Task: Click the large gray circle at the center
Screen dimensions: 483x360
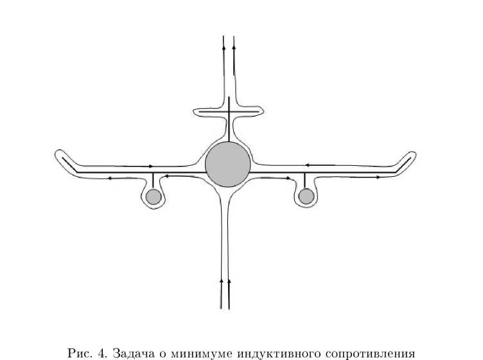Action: [228, 165]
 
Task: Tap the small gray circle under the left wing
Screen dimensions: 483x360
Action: [153, 197]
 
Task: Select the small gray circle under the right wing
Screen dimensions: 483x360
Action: [306, 196]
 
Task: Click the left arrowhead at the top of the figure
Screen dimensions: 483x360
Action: [224, 46]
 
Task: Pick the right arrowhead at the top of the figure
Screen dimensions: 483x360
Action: [233, 46]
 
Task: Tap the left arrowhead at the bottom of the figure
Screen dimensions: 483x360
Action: [222, 281]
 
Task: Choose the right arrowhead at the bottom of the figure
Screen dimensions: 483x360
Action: [229, 281]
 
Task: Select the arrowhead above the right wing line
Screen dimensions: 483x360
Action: [309, 166]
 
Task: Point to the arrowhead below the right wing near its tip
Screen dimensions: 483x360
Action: [378, 176]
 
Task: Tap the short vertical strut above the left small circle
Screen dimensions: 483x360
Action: [153, 181]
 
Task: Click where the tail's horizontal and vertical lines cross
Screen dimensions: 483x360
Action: [229, 111]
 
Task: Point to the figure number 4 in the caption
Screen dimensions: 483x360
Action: [101, 353]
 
